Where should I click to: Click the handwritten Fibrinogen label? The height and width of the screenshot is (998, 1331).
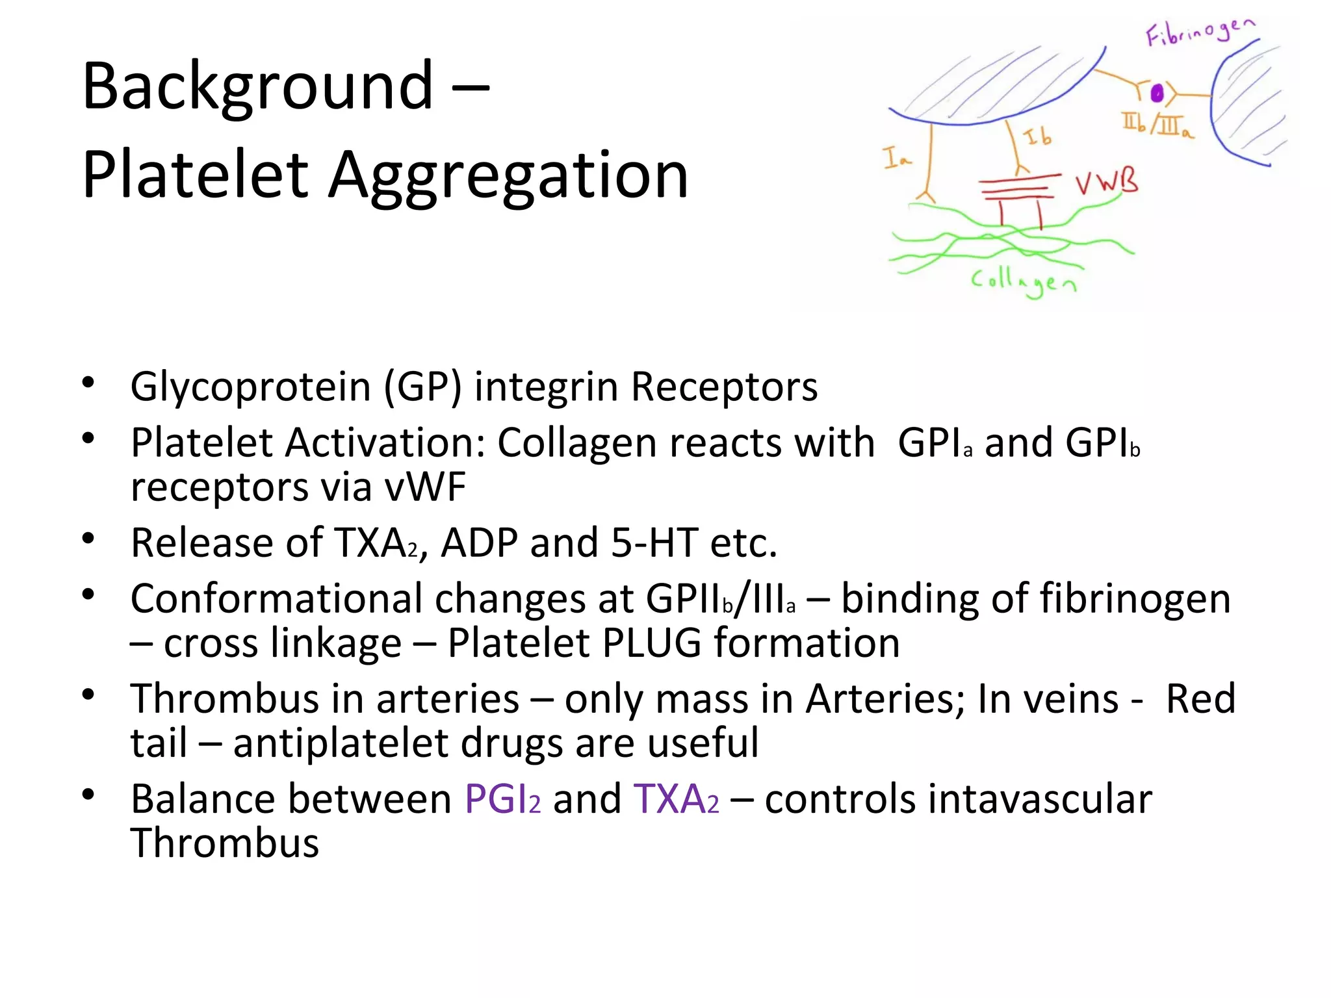click(x=1199, y=32)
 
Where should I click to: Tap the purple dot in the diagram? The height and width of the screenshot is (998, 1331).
click(x=1157, y=94)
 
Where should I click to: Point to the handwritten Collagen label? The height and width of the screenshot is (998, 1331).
click(x=1023, y=282)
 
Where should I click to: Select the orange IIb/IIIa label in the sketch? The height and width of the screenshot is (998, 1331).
click(x=1157, y=125)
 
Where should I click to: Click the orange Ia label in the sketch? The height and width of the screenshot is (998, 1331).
click(x=897, y=158)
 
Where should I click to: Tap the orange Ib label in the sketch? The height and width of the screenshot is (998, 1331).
click(x=1038, y=137)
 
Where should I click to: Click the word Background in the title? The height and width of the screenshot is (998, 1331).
click(x=257, y=86)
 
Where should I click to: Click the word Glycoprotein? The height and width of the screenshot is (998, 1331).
click(x=250, y=387)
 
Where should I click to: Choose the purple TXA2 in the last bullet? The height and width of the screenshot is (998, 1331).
click(x=676, y=799)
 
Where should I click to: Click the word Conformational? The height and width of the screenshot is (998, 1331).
click(x=276, y=598)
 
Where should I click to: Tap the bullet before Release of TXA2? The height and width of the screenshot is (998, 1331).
click(x=89, y=539)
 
